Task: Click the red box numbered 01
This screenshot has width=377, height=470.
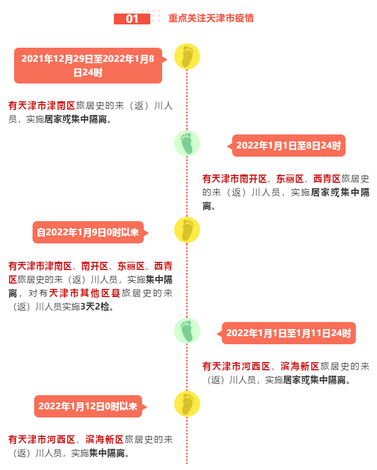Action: [x=132, y=18]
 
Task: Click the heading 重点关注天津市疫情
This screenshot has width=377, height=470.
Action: [x=211, y=18]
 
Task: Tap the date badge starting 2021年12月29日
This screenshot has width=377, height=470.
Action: [x=88, y=66]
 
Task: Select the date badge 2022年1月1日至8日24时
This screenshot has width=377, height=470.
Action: [x=289, y=146]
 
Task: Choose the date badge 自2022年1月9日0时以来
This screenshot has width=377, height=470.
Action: [x=88, y=233]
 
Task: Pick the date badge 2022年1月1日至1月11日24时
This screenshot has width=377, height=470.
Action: [x=289, y=333]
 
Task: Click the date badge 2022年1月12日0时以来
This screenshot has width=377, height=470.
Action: [x=88, y=406]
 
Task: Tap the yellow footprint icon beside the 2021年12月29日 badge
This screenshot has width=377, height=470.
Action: [x=187, y=56]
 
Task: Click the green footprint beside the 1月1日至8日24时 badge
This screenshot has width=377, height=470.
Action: [x=187, y=143]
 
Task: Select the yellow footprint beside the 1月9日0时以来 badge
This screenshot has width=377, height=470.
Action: [x=187, y=230]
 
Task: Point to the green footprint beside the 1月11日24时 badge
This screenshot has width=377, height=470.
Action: [x=187, y=331]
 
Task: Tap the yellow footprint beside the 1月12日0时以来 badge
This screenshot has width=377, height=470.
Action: [x=187, y=404]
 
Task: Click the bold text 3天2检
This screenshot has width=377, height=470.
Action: [x=95, y=307]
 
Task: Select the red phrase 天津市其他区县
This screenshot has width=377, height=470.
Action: [x=85, y=293]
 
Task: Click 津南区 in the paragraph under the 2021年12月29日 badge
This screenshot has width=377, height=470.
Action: [x=61, y=106]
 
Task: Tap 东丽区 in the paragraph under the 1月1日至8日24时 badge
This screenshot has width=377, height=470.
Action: [x=290, y=179]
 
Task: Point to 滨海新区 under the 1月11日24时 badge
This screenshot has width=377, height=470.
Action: [x=300, y=366]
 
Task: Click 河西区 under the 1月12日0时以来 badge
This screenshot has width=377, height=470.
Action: [x=61, y=440]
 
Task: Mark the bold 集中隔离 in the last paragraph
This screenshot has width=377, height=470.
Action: [x=107, y=453]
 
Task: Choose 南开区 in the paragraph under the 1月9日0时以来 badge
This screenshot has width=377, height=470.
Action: [x=95, y=266]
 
